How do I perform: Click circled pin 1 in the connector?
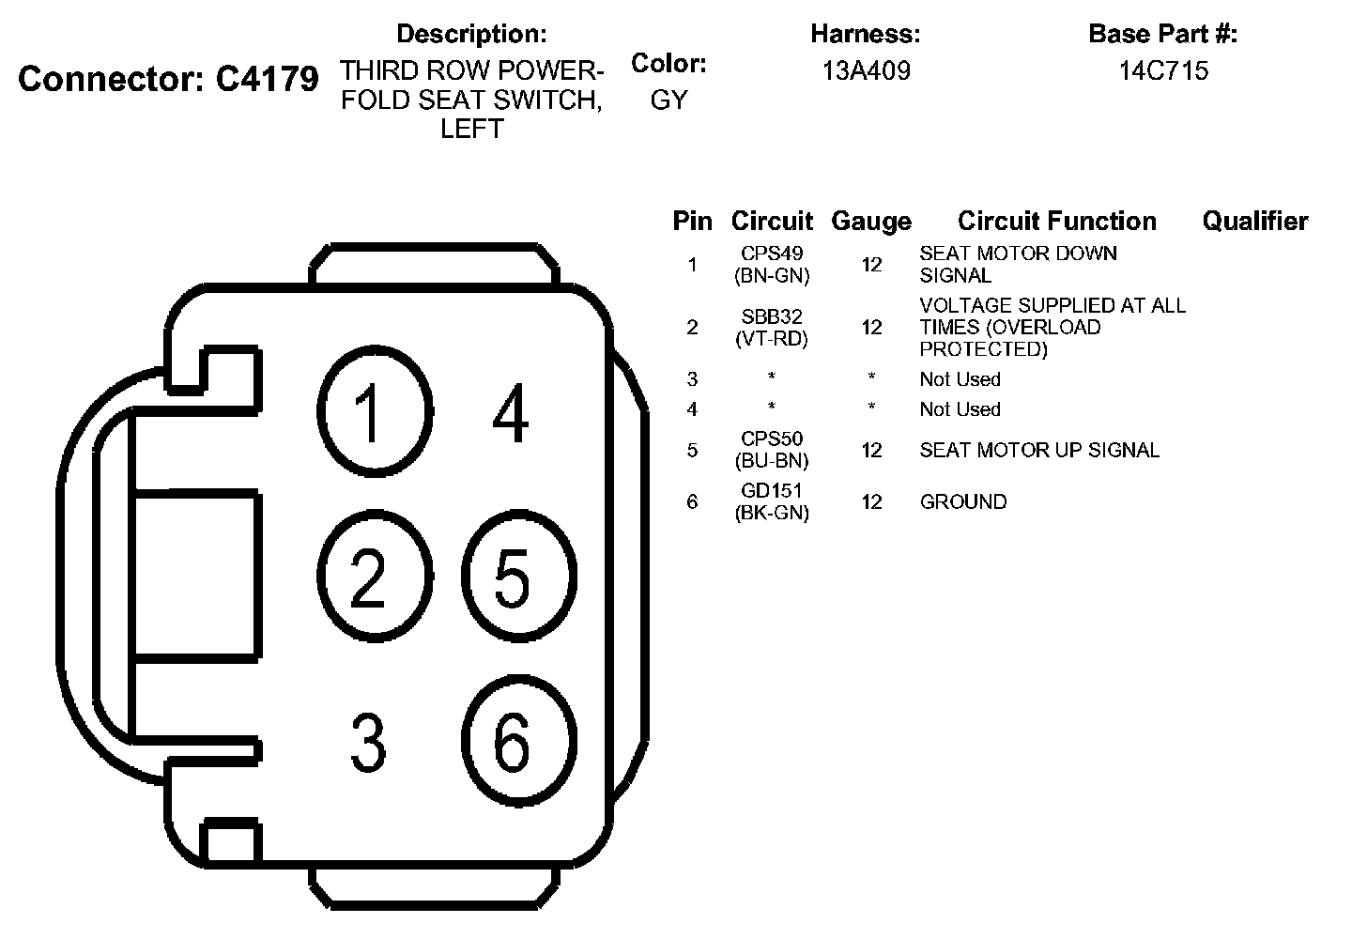click(374, 411)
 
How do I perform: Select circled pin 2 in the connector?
click(374, 576)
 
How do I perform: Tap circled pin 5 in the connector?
click(518, 576)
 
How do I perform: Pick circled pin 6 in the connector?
click(518, 741)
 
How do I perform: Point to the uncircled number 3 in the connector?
click(368, 742)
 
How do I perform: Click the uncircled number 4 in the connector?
click(510, 413)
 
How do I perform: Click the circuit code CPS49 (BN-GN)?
click(772, 265)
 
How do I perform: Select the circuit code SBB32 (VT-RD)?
click(772, 328)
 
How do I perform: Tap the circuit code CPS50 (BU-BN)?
click(772, 450)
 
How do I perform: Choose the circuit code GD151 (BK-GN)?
click(772, 501)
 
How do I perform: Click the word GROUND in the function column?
click(963, 501)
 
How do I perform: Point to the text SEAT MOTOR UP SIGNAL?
click(1039, 450)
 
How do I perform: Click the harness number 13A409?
click(866, 70)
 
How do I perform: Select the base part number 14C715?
click(1163, 70)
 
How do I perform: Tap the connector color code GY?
click(668, 100)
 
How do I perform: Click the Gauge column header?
click(871, 222)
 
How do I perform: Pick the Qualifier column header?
click(1255, 222)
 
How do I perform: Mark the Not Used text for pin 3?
click(960, 379)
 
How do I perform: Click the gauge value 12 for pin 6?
click(872, 501)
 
